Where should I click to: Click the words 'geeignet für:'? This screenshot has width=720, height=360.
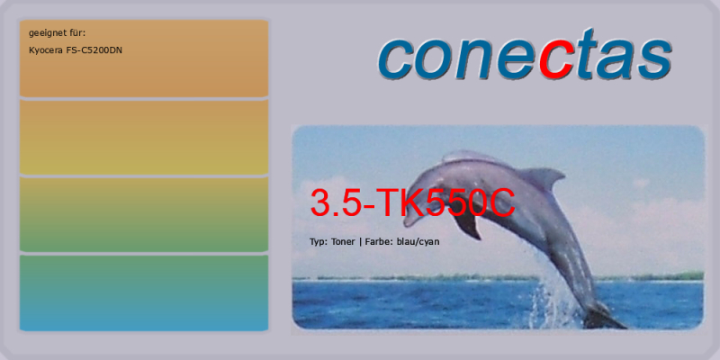57,33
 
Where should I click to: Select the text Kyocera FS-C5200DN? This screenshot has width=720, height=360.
76,50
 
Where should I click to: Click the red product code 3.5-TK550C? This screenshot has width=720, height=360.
413,202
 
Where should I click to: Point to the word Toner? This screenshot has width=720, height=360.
343,241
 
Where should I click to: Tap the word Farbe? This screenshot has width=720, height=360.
378,241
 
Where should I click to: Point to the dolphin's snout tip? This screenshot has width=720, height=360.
406,223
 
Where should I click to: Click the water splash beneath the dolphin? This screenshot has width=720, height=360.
553,299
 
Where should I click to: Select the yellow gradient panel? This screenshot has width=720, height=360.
144,137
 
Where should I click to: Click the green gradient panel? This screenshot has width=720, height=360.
144,214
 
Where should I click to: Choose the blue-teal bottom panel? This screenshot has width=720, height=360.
144,293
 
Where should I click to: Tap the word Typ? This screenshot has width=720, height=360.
318,242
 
